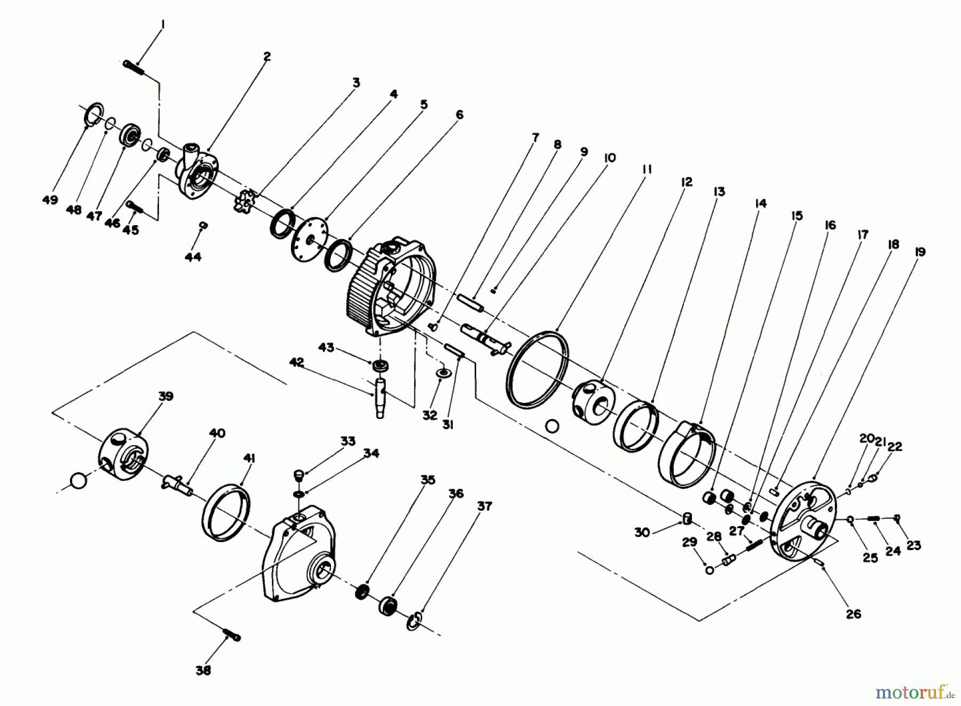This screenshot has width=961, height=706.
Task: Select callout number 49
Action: click(50, 200)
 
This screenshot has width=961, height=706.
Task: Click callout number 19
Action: click(919, 252)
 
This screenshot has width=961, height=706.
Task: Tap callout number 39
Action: click(166, 396)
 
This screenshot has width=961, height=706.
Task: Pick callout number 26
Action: click(853, 614)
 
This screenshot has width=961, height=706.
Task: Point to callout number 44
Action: click(193, 257)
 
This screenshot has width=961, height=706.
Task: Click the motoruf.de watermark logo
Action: click(913, 693)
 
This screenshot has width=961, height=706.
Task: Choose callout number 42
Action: click(296, 362)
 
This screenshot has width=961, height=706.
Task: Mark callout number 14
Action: click(760, 204)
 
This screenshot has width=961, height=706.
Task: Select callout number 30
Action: click(642, 532)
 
